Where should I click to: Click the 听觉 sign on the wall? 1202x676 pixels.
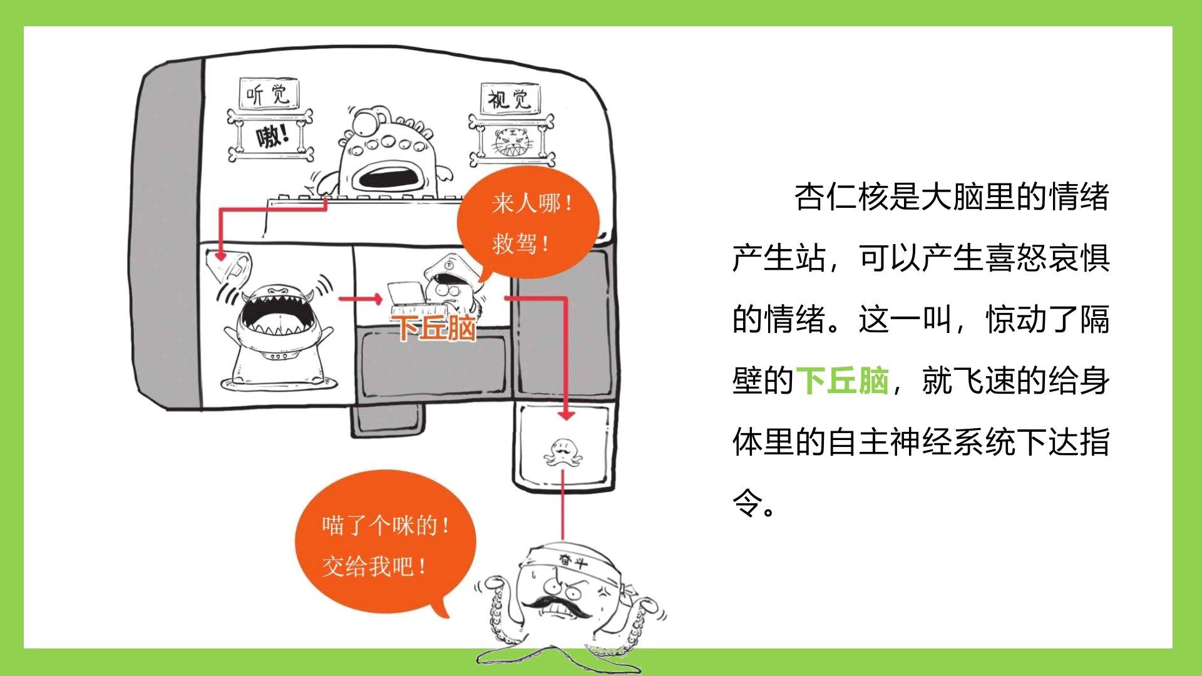pos(269,95)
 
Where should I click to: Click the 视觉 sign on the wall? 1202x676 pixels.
pos(510,99)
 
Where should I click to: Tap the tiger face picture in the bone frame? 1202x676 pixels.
pos(512,143)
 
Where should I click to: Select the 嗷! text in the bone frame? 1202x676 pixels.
pos(272,136)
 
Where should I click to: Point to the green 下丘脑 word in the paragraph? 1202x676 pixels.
pos(842,381)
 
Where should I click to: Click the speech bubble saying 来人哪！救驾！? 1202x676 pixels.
pos(529,222)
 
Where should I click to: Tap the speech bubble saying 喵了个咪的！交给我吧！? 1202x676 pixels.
pos(383,545)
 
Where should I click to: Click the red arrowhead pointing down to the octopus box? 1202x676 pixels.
pos(566,414)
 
